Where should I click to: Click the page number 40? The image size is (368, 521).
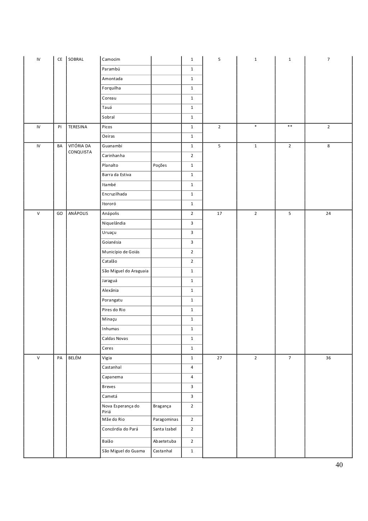tap(339, 465)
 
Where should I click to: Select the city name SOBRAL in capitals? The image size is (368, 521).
tap(76, 59)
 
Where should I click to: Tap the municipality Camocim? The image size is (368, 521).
tap(111, 59)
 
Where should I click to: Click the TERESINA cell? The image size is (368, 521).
tap(78, 127)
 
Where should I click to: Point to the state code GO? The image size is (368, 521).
tap(60, 213)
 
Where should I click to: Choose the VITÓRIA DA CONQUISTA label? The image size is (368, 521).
tap(79, 149)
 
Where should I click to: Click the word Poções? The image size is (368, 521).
tap(160, 165)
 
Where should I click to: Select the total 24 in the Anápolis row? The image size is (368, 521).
tap(328, 213)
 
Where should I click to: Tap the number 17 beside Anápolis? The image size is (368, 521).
tap(219, 213)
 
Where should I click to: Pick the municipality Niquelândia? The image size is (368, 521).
tap(114, 223)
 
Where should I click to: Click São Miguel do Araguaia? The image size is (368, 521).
tap(125, 271)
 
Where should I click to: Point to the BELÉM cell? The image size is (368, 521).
tap(75, 358)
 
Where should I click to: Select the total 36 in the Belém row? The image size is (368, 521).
tap(328, 358)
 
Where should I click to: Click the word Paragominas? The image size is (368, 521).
tap(166, 419)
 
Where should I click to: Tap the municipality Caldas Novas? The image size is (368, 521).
tap(115, 338)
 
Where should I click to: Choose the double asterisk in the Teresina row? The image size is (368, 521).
tap(290, 127)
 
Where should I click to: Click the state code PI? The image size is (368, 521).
tap(60, 127)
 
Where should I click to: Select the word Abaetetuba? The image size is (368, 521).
tap(165, 441)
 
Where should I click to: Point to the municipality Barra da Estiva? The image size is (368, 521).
tap(116, 175)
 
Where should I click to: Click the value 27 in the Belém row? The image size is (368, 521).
tap(219, 358)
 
